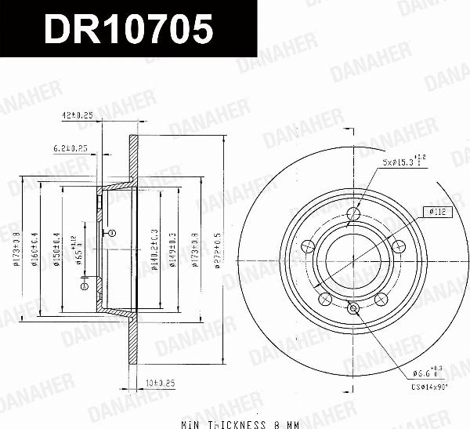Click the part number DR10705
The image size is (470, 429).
[x=128, y=30]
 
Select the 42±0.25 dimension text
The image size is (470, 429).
[x=78, y=115]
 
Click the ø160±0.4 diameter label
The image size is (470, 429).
[x=36, y=247]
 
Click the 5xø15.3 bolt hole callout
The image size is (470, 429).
[x=403, y=162]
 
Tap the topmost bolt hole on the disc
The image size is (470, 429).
[x=352, y=213]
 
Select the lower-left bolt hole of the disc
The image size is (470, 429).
[x=323, y=298]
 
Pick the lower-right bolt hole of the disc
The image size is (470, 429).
[x=381, y=298]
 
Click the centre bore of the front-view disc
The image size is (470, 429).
[x=352, y=258]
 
